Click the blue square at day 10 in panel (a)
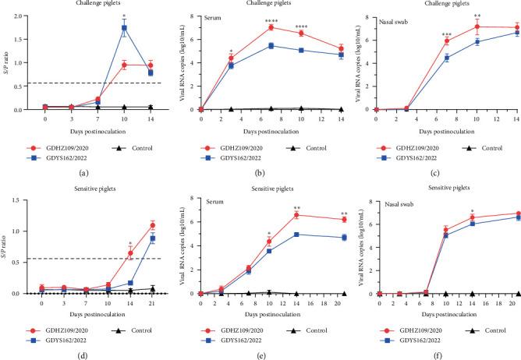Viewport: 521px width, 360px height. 125,28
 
